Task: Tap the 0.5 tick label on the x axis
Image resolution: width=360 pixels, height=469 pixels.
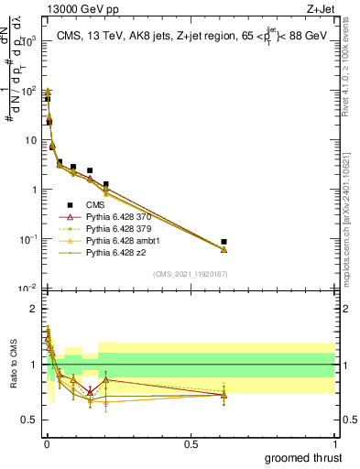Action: pos(191,442)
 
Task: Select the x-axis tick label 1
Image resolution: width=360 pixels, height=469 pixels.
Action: pos(335,442)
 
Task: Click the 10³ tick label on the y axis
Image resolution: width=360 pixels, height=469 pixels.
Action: pos(27,41)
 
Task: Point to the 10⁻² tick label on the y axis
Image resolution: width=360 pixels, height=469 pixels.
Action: pos(27,288)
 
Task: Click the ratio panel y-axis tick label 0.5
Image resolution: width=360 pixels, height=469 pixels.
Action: pos(28,420)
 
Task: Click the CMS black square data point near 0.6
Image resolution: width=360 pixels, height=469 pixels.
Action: pos(224,242)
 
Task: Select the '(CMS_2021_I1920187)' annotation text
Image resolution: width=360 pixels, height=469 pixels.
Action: pos(189,274)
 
